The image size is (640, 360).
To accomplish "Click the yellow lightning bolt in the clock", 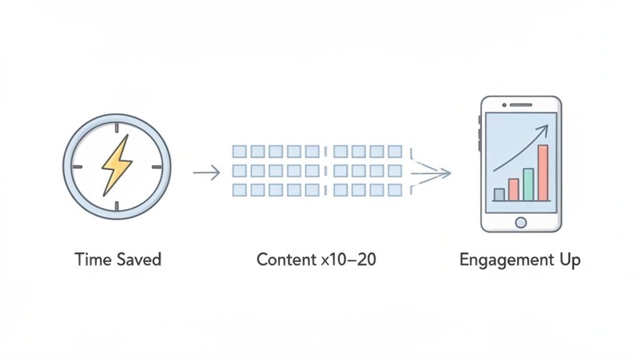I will click(117, 166).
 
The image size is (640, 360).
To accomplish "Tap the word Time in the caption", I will click(88, 259).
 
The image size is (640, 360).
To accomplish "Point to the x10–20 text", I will click(348, 259).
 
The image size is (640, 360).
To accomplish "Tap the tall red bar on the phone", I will click(542, 172).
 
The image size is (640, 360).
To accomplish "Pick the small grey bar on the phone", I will click(499, 194).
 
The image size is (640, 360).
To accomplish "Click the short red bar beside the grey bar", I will click(514, 189).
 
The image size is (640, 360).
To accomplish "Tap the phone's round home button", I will click(520, 222).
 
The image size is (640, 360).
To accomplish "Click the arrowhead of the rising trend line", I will click(544, 129).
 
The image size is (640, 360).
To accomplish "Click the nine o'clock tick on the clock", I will click(77, 167).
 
